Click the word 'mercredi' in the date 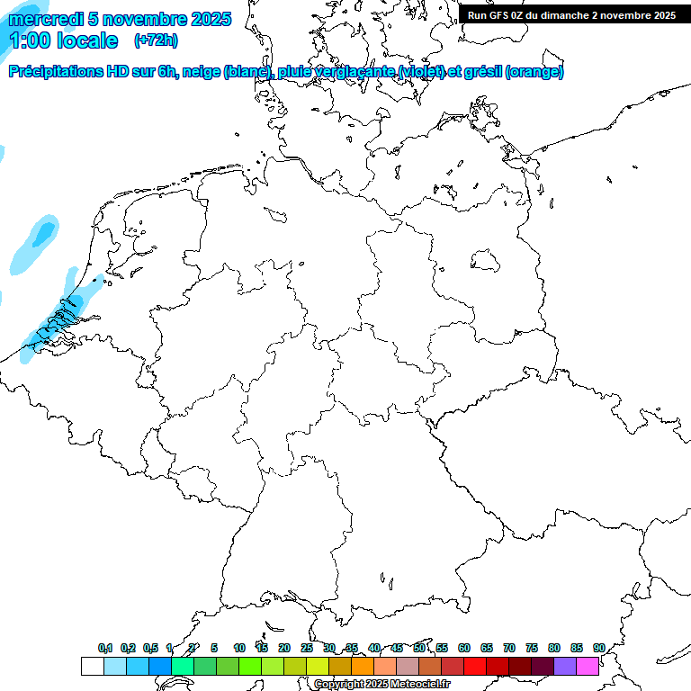(x=44, y=19)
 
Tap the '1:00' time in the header (x=30, y=40)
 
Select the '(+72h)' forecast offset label (x=156, y=40)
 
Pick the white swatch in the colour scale (x=92, y=666)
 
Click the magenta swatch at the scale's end (x=588, y=666)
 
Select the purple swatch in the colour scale (x=565, y=666)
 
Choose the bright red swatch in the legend (x=475, y=666)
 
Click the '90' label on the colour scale (x=598, y=648)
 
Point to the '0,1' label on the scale (x=104, y=648)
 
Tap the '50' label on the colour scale (x=419, y=648)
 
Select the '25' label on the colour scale (x=307, y=648)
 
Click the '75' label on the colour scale (x=532, y=648)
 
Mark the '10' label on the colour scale (x=239, y=648)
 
